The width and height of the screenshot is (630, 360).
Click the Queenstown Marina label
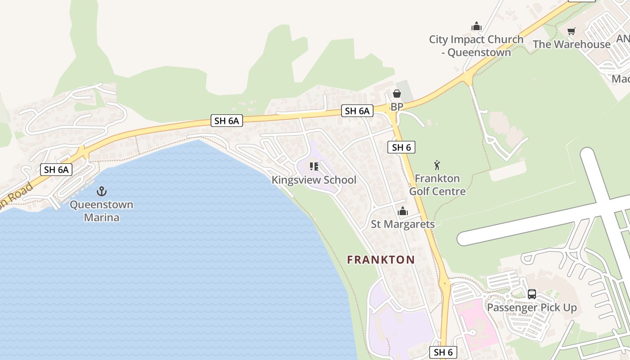[101, 211]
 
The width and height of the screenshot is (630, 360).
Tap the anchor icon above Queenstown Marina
[102, 191]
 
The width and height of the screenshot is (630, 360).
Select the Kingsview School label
[314, 180]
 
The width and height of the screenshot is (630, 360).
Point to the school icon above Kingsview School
[314, 167]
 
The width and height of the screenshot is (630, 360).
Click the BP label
[396, 107]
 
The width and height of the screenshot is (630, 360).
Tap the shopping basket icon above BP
[396, 94]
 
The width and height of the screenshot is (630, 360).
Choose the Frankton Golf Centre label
[437, 185]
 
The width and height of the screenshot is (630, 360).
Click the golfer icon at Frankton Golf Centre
[436, 165]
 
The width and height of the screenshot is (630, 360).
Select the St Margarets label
[403, 224]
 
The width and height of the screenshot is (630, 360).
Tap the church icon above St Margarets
[403, 211]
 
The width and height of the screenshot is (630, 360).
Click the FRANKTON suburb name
[381, 260]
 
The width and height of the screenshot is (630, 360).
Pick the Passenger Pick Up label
[532, 308]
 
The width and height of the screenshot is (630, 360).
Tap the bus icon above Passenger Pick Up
[532, 294]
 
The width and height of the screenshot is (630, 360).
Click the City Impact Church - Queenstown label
[476, 46]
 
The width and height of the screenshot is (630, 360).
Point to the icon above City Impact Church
[477, 27]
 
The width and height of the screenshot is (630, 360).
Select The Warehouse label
[571, 44]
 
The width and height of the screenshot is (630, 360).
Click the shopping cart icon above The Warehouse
[571, 31]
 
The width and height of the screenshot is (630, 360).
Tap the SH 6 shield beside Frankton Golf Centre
[401, 147]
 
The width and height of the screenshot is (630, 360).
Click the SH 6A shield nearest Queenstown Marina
[56, 170]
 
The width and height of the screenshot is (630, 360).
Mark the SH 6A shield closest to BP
[357, 111]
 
